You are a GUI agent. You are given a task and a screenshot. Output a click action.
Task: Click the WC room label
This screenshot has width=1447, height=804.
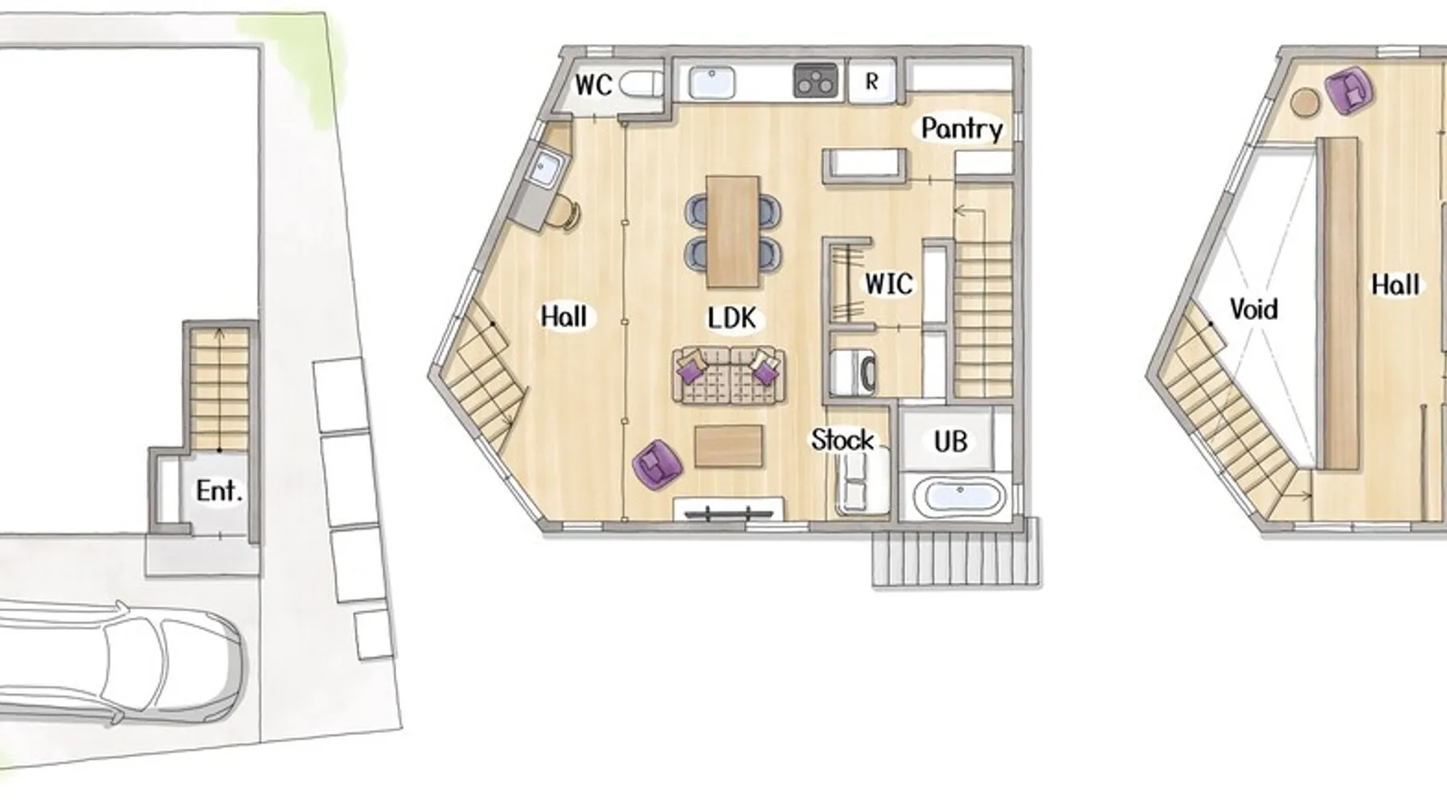click(x=594, y=84)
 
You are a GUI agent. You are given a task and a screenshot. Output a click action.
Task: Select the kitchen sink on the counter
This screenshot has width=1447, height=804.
click(x=711, y=82)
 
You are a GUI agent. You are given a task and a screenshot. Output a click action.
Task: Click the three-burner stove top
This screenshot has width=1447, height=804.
click(x=815, y=81)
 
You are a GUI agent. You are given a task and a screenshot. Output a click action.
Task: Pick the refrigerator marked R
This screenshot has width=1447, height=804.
click(x=872, y=81)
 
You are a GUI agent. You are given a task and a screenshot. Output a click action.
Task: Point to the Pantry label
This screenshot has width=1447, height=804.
click(x=961, y=129)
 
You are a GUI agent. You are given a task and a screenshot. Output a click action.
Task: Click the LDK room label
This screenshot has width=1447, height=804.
click(x=732, y=318)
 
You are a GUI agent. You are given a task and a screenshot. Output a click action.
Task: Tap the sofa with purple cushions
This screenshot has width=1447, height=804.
click(x=728, y=375)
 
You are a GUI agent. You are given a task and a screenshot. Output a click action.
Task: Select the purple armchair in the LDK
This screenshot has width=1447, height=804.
click(x=657, y=464)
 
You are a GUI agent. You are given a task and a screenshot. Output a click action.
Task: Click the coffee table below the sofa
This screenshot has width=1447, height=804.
click(x=728, y=446)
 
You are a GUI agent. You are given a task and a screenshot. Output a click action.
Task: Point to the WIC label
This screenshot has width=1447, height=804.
click(x=888, y=284)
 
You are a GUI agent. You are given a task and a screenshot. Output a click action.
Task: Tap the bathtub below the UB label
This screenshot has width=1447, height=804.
click(x=961, y=496)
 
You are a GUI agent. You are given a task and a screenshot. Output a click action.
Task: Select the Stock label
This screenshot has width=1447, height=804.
click(x=842, y=440)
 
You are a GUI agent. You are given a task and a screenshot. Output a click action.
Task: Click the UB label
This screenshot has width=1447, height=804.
click(x=950, y=441)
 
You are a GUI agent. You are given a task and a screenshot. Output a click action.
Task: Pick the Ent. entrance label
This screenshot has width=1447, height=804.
click(x=219, y=490)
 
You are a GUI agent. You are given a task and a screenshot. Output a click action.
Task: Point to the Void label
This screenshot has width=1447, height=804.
click(x=1253, y=309)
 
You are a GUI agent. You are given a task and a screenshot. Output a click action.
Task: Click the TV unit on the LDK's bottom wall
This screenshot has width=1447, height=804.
click(x=728, y=509)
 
